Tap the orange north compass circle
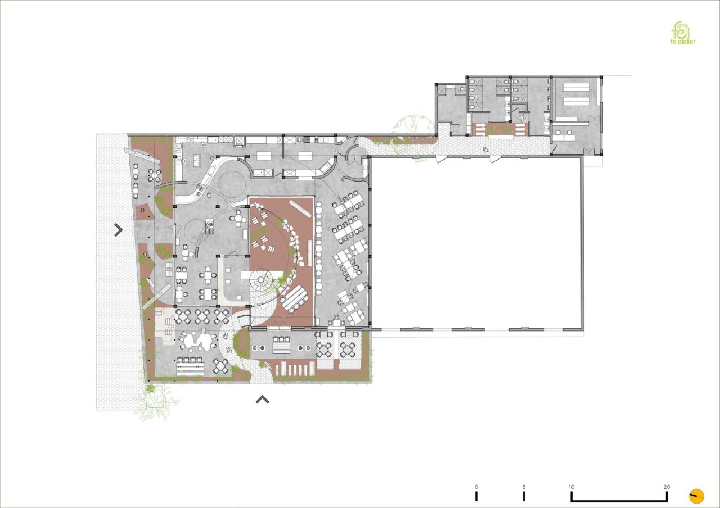[696, 496]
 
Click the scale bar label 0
[476, 487]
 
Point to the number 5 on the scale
[524, 487]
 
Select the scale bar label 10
[571, 487]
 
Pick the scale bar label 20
[667, 487]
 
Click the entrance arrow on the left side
[118, 229]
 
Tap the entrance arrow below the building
[262, 400]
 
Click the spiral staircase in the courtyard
[262, 279]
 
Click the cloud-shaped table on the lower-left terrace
[196, 339]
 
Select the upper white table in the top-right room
[576, 88]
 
